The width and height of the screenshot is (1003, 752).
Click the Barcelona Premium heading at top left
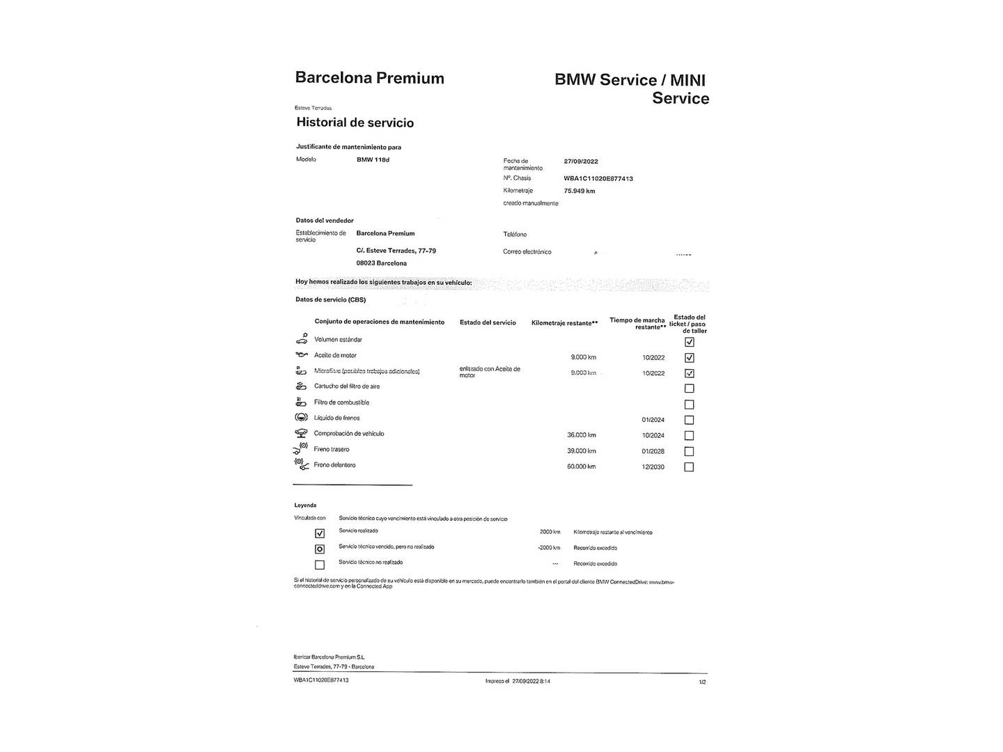point(369,78)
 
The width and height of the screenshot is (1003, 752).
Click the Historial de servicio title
point(355,123)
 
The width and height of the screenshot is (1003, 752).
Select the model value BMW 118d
point(373,160)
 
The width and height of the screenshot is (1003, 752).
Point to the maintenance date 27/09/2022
point(581,162)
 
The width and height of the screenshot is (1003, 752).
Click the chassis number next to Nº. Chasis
point(598,179)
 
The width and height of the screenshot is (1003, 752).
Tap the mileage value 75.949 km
point(580,191)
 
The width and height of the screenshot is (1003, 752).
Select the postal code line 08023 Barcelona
point(382,264)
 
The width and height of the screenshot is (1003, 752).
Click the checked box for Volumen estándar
point(689,342)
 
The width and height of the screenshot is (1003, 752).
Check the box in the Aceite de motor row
point(689,358)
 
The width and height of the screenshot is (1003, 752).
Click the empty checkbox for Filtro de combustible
point(689,405)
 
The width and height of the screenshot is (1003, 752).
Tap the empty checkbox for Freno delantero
point(689,467)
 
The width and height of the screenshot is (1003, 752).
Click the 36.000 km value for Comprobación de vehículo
point(582,435)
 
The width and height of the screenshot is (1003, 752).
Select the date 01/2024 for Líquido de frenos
point(653,420)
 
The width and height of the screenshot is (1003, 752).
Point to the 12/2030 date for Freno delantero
point(653,467)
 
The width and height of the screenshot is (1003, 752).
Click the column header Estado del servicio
point(488,322)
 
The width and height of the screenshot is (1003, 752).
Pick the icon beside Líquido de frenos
point(301,418)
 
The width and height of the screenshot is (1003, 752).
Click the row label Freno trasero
point(332,450)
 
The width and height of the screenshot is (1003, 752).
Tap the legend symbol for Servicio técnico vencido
point(320,549)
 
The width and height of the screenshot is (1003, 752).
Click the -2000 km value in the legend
point(549,548)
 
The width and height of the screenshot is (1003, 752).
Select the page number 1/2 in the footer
point(702,682)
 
